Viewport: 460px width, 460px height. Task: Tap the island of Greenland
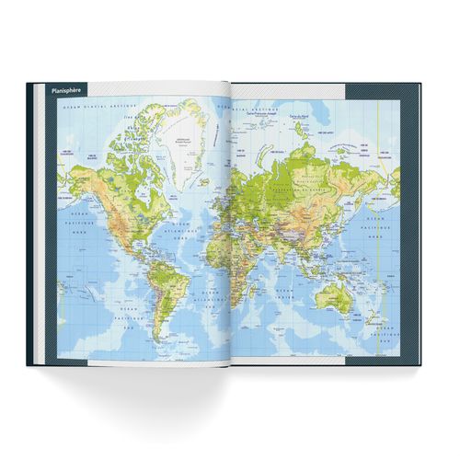click(189, 143)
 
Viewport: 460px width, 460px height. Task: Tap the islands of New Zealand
click(377, 322)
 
